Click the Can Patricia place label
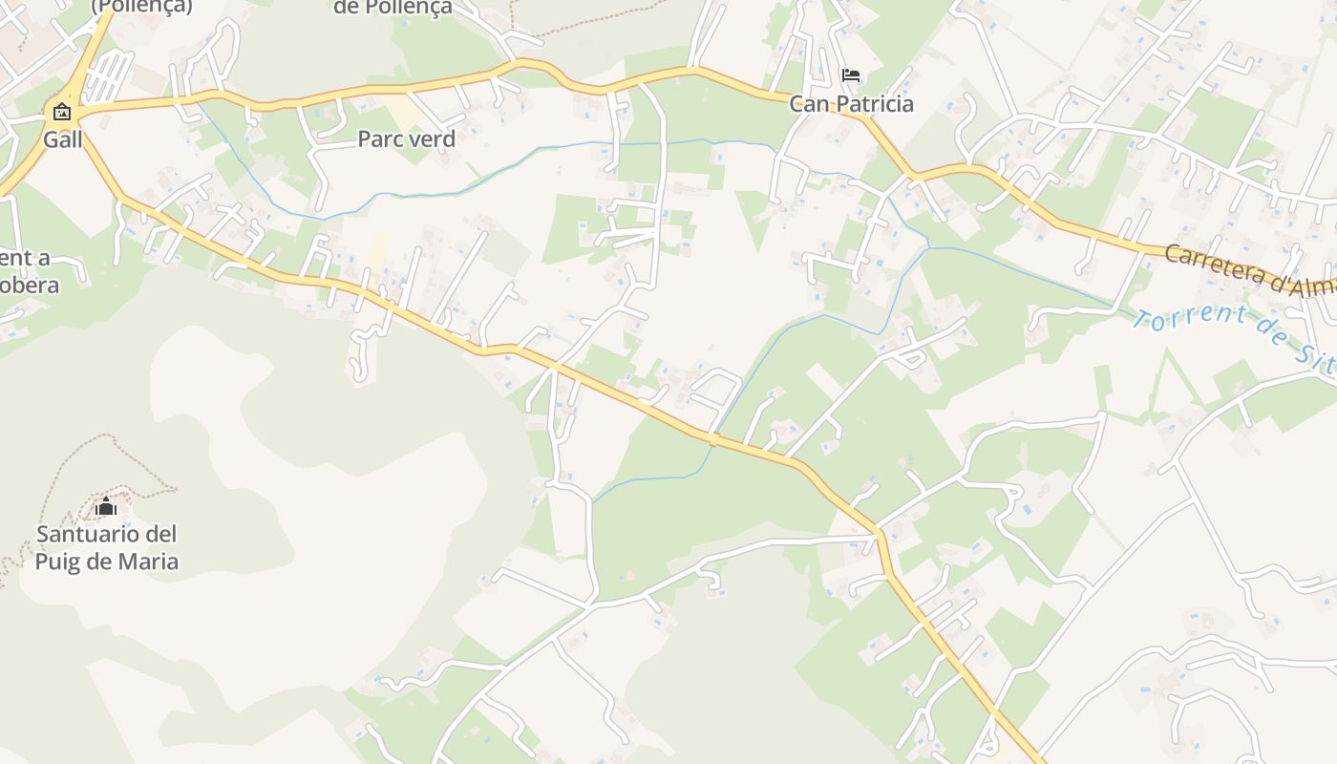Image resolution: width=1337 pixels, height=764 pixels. coord(851,103)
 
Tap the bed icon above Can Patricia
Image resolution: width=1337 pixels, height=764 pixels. coord(850,75)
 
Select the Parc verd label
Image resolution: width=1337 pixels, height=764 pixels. coord(406,138)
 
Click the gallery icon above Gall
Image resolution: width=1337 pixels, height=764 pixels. coord(62,112)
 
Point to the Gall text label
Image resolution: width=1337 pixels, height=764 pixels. coord(63,139)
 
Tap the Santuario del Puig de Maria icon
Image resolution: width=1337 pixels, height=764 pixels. coord(105,506)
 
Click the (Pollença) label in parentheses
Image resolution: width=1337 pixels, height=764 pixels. coord(141,7)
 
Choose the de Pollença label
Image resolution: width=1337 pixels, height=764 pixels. coord(392,8)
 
